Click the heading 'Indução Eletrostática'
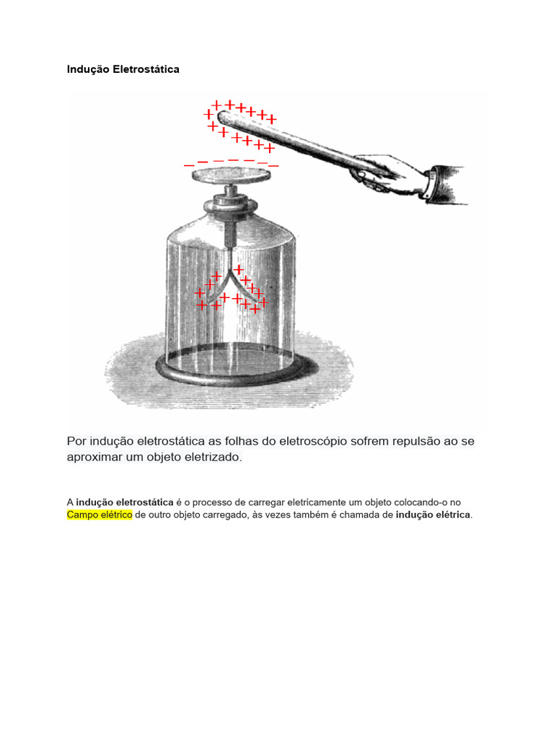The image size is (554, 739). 123,69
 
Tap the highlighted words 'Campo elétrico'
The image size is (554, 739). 100,515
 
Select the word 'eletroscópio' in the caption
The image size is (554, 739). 310,440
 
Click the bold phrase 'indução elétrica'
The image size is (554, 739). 434,515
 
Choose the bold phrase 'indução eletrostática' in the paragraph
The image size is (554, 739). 124,502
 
